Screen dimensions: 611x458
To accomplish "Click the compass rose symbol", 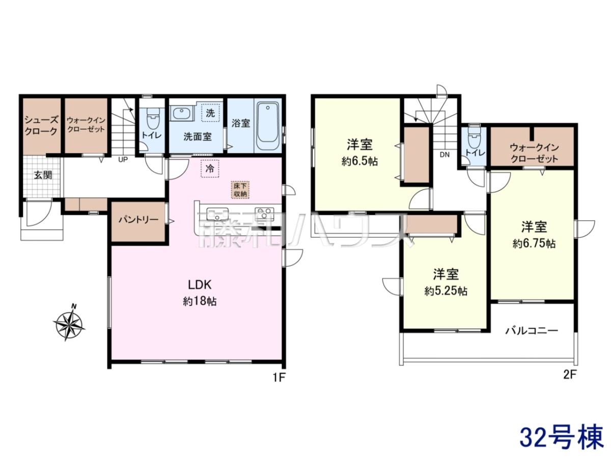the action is [x=69, y=322].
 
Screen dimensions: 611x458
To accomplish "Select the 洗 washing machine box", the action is [x=210, y=113].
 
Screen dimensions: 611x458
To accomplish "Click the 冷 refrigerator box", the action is [x=210, y=168].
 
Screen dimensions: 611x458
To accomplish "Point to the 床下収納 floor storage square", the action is [x=240, y=190].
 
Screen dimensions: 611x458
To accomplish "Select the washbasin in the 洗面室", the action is [x=181, y=113].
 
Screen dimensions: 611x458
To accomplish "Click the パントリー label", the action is [x=138, y=220].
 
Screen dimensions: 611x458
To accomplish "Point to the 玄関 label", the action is [x=43, y=175].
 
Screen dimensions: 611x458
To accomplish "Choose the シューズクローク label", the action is [x=41, y=126].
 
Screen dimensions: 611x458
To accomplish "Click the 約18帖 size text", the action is [x=200, y=301].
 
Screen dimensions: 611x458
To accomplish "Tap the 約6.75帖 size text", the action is [x=534, y=244].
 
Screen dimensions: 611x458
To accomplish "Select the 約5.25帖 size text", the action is [x=446, y=291].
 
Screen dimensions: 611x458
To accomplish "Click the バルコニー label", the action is [x=532, y=331].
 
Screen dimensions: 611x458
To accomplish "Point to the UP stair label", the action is [x=123, y=160].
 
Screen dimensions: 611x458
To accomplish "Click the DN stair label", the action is [x=445, y=155].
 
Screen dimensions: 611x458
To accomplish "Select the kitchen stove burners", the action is [x=264, y=214].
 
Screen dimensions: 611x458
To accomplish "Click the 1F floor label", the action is [x=279, y=378].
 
